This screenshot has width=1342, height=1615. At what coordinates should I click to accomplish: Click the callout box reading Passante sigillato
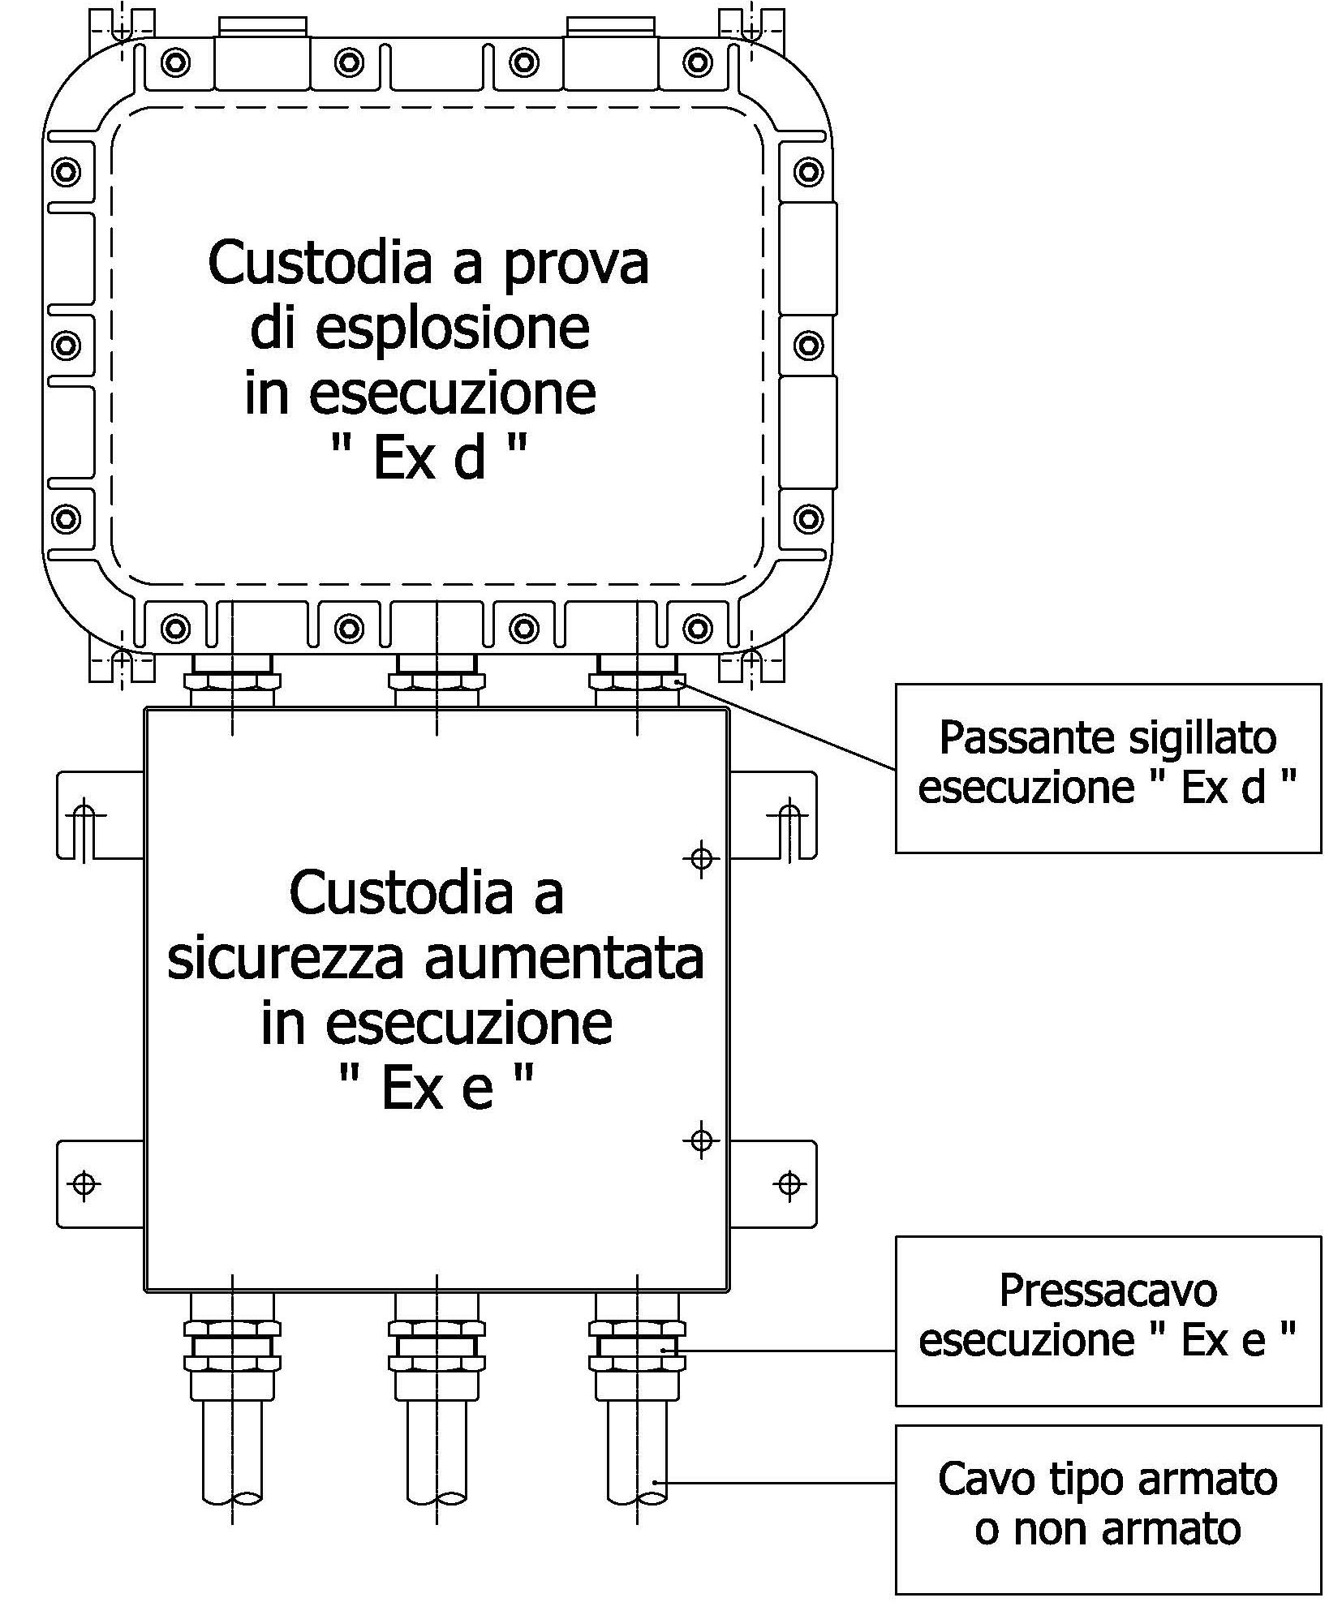1108,767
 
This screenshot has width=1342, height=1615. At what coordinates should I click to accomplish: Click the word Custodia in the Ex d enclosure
308,262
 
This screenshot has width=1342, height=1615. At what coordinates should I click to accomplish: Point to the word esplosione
451,329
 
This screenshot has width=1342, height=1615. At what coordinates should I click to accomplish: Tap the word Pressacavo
1108,1291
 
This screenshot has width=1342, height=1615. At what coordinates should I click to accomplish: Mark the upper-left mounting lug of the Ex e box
100,814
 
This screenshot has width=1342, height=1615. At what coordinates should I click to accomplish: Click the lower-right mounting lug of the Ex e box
773,1183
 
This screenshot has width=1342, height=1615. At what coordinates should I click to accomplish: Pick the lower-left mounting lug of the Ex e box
100,1183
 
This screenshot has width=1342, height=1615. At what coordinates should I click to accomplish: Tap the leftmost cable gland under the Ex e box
232,1347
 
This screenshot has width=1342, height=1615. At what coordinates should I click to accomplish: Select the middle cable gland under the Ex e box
437,1347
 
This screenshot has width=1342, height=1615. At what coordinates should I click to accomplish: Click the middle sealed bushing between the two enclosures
437,681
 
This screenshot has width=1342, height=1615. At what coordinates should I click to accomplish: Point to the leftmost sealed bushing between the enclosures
232,681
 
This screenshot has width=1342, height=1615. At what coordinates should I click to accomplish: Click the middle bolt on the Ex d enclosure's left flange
66,345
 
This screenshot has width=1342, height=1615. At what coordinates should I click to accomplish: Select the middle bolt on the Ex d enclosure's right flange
808,345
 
